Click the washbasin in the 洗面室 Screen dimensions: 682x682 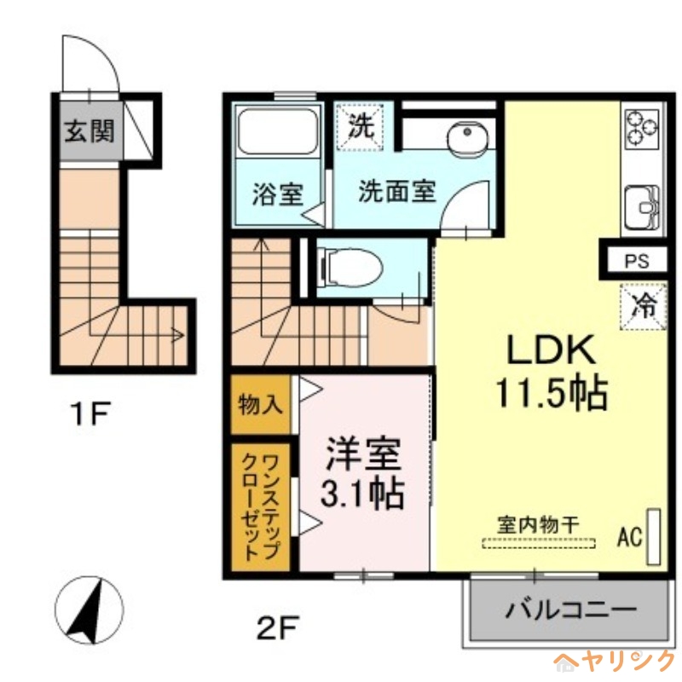(465, 136)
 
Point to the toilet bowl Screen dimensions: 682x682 (350, 267)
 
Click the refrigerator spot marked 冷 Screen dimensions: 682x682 (644, 306)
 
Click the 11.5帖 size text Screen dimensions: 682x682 (551, 393)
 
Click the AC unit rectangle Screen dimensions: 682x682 (654, 536)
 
